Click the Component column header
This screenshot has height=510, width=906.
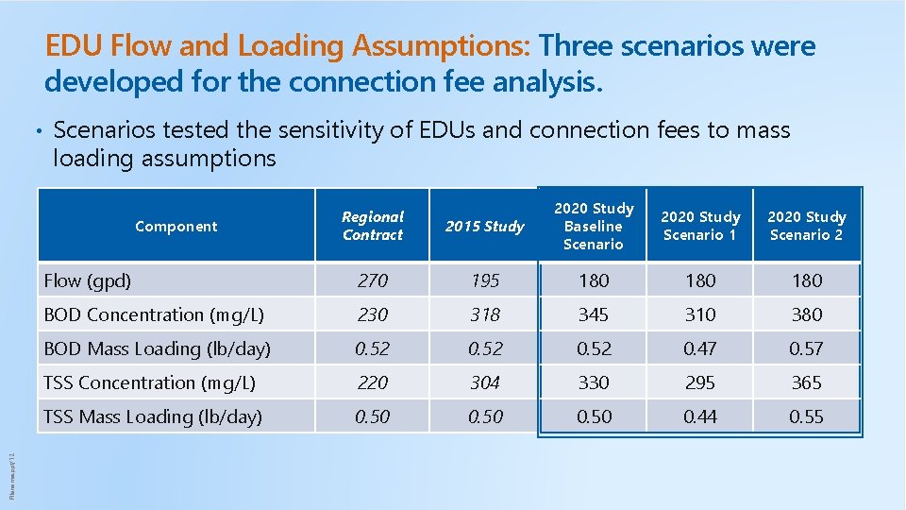(176, 226)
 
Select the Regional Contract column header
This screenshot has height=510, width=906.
(372, 226)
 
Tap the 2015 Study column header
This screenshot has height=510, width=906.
(484, 227)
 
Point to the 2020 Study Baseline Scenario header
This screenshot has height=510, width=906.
(594, 226)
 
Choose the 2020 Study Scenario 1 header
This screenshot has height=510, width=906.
(700, 226)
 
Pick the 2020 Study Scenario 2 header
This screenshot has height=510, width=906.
(807, 226)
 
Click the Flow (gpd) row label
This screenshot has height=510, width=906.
(88, 280)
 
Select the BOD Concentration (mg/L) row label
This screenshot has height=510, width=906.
(154, 314)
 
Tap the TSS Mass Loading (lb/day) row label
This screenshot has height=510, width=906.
(153, 416)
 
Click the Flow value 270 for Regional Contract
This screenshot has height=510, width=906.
(372, 280)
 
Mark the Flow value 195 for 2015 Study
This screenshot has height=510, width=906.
(485, 280)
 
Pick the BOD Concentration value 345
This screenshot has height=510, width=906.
(594, 314)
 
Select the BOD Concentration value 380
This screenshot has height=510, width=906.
(807, 314)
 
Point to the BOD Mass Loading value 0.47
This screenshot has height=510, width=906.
(700, 348)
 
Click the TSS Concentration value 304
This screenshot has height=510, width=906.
(485, 382)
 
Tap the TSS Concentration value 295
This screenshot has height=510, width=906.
(700, 382)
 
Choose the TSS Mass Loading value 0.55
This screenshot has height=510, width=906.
(807, 416)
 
